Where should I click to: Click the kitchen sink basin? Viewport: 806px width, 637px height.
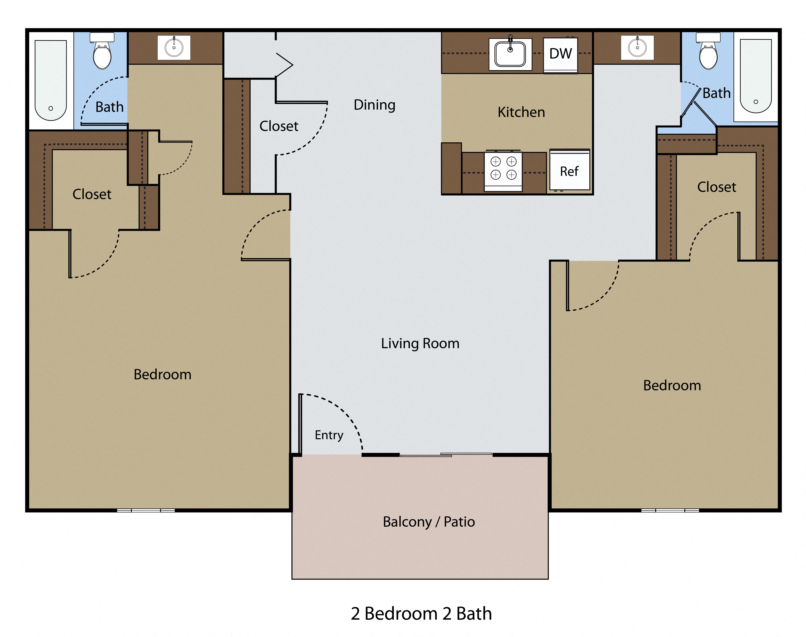[510, 54]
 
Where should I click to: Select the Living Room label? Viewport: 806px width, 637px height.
[420, 343]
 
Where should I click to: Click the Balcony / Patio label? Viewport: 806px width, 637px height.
[429, 521]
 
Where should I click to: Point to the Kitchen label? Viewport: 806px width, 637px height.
[521, 112]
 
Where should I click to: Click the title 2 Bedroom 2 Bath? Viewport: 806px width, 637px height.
[421, 613]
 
